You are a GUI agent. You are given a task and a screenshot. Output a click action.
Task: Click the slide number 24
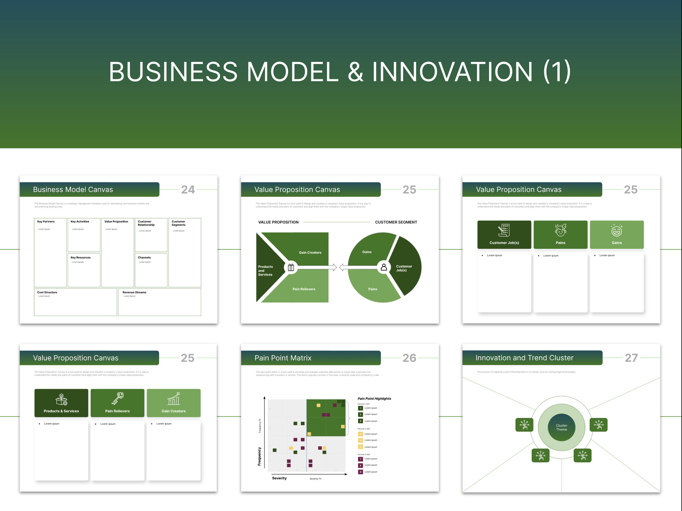(188, 189)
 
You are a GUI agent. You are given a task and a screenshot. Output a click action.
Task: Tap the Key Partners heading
(46, 221)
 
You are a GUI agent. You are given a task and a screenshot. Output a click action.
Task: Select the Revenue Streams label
(134, 292)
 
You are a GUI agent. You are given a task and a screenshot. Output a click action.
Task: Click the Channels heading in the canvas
(144, 257)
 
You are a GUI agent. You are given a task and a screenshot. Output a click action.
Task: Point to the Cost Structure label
(47, 292)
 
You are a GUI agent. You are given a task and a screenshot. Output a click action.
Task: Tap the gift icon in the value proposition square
(291, 267)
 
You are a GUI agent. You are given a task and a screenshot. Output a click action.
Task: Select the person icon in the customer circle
(384, 267)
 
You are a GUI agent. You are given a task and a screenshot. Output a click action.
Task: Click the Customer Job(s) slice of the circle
(404, 268)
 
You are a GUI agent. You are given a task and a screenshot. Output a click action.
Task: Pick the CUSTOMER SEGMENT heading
(396, 222)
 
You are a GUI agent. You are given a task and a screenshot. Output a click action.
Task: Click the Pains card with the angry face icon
(560, 234)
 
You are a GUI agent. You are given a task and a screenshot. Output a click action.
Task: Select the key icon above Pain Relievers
(117, 399)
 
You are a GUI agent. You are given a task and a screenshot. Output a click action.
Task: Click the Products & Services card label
(61, 411)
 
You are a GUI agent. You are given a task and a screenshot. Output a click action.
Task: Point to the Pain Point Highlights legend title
(374, 399)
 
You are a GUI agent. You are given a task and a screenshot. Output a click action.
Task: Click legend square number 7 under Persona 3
(360, 459)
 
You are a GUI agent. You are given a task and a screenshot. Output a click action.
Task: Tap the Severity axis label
(279, 478)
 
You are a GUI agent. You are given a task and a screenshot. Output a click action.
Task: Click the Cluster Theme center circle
(561, 427)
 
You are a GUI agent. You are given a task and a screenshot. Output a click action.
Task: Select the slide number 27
(631, 358)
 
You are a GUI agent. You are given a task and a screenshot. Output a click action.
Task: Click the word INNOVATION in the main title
(452, 72)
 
